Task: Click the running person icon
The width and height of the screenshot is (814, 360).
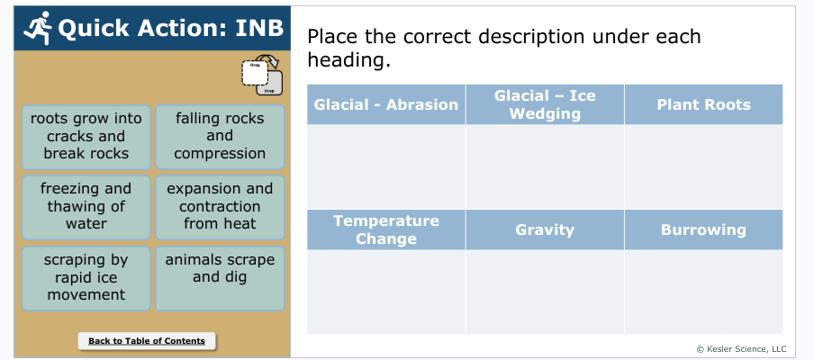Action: tap(39, 28)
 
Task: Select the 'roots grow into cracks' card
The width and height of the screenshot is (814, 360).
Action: tap(86, 137)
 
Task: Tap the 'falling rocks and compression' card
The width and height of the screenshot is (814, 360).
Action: tap(220, 137)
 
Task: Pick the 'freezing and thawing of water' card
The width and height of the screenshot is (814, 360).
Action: tap(86, 207)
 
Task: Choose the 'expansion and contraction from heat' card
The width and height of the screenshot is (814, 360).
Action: tap(220, 207)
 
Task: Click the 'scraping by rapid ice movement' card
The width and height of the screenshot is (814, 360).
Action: tap(86, 278)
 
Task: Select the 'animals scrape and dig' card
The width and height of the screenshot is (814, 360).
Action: tap(220, 278)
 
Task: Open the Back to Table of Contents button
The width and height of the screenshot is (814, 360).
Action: tap(147, 341)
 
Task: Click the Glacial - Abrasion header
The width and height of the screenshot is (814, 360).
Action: tap(386, 104)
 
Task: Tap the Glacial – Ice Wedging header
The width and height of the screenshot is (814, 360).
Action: tap(545, 104)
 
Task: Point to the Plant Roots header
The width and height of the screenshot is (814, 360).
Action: tap(704, 104)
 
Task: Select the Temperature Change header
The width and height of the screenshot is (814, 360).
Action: tap(386, 229)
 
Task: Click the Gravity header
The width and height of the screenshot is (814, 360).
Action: tap(545, 229)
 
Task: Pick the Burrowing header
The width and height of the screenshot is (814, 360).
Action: tap(704, 229)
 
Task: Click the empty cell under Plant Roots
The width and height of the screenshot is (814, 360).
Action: tap(704, 167)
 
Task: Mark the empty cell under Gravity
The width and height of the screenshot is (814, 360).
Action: tap(545, 292)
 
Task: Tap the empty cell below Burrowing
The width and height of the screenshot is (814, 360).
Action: tap(704, 292)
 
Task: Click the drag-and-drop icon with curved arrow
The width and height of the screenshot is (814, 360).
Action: tap(262, 76)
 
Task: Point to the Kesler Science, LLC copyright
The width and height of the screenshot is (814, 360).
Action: tap(741, 349)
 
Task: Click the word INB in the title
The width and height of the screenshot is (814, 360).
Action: tap(259, 28)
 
